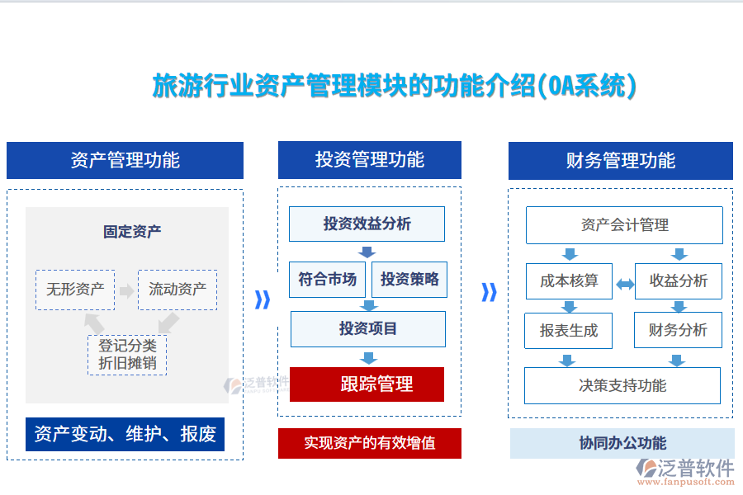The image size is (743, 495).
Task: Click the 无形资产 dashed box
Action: [x=75, y=290]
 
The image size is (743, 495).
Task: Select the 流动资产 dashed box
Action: [x=177, y=290]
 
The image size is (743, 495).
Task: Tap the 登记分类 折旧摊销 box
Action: [x=127, y=355]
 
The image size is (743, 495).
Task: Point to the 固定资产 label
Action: [x=132, y=232]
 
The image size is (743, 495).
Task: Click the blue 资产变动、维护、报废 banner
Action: [x=125, y=434]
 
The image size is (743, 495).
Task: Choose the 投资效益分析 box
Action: [x=367, y=224]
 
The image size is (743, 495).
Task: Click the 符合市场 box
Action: [x=327, y=280]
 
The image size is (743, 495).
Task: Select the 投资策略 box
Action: [x=409, y=280]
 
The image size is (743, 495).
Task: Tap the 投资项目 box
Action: [x=368, y=328]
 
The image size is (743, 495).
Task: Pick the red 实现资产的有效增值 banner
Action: [x=369, y=443]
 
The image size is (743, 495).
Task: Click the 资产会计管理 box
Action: [x=624, y=225]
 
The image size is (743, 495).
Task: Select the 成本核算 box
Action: [x=569, y=281]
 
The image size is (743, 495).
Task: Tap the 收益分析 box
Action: [x=679, y=281]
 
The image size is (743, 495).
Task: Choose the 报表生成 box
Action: [x=569, y=331]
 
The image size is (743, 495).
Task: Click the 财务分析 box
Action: [x=679, y=331]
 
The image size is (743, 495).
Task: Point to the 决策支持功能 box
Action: [x=622, y=385]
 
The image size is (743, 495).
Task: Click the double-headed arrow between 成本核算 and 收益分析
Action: [x=625, y=284]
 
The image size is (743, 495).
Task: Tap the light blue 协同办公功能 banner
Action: [x=622, y=443]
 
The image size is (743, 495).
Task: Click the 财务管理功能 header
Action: [x=621, y=161]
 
